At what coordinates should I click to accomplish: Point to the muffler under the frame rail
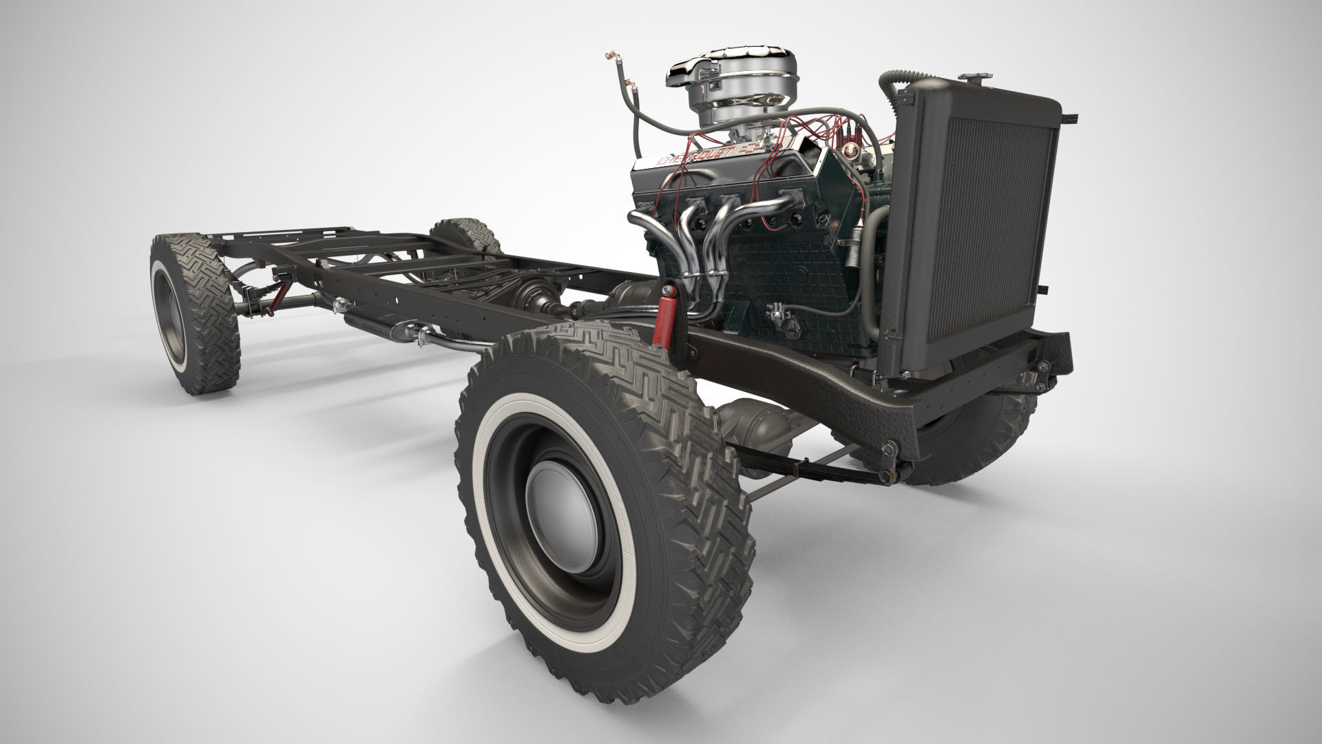point(375,324)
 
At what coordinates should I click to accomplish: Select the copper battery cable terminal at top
point(609,54)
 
